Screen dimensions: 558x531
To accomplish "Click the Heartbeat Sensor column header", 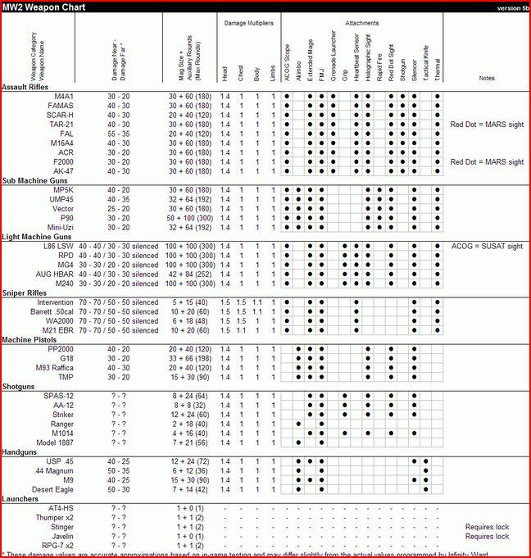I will point(356,57).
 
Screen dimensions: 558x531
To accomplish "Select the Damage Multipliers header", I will point(248,22).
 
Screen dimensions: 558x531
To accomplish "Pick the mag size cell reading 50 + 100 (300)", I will point(191,217).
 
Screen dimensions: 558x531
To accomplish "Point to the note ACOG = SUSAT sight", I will point(487,246).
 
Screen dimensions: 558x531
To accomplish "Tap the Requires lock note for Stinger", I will point(487,527).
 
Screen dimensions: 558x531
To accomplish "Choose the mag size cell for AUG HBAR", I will point(191,274).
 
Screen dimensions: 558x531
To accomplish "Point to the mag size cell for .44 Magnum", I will point(191,470).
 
